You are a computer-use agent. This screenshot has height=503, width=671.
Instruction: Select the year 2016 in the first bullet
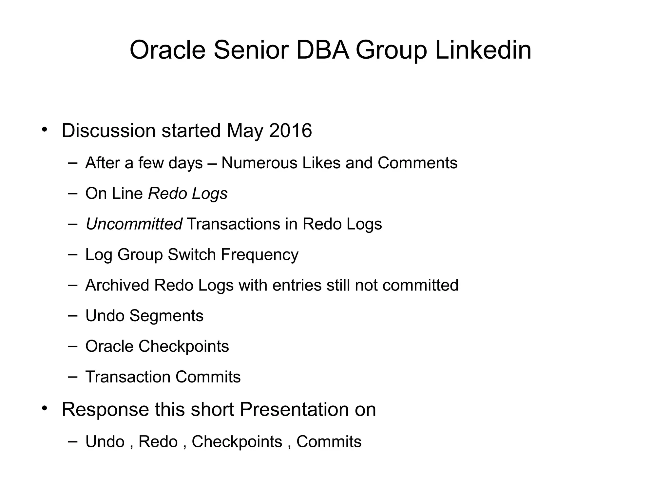click(290, 131)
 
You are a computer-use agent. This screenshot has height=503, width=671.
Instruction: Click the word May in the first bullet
click(245, 131)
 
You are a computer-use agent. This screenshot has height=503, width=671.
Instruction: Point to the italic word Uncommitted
click(134, 224)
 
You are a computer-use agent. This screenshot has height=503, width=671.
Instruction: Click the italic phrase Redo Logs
click(188, 194)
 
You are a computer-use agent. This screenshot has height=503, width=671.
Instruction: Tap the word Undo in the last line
click(105, 442)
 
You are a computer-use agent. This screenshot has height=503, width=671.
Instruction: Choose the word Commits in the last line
click(329, 442)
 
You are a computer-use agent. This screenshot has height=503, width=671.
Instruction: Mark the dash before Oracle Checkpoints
click(73, 346)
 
